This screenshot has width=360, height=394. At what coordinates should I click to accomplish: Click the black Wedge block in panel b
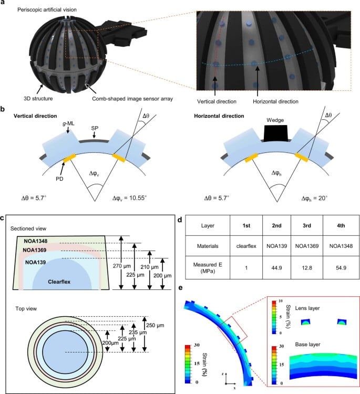(x=275, y=133)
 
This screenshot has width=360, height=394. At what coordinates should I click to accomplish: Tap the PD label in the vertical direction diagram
(x=59, y=179)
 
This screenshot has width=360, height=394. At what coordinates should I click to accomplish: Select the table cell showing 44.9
(x=276, y=268)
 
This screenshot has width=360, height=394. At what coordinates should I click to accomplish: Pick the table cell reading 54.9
(x=341, y=268)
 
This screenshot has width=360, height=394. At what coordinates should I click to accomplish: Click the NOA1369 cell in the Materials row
(x=307, y=246)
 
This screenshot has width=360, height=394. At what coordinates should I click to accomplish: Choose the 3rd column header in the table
(x=307, y=225)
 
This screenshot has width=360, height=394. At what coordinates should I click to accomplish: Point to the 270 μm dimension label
(x=122, y=266)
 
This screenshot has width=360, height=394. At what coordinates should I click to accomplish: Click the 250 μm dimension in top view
(x=155, y=325)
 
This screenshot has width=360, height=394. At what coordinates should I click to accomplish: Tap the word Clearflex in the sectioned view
(x=59, y=282)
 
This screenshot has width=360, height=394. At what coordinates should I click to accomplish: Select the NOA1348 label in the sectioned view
(x=35, y=241)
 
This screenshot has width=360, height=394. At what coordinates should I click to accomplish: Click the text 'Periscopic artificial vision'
(x=47, y=10)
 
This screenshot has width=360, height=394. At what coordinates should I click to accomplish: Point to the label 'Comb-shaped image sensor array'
(x=132, y=99)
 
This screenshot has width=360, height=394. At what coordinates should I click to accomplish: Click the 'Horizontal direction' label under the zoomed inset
(x=275, y=101)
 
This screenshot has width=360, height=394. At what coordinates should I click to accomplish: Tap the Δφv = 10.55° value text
(x=129, y=198)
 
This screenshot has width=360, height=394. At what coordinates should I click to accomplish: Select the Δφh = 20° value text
(x=314, y=198)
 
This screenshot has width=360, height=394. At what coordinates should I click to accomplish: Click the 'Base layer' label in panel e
(x=308, y=345)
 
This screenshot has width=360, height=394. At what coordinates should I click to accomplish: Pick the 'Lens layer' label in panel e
(x=307, y=308)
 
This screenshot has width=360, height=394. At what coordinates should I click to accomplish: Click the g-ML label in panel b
(x=68, y=123)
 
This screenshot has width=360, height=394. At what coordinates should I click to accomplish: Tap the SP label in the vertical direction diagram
(x=95, y=128)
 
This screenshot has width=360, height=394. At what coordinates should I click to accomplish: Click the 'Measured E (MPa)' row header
(x=208, y=268)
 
